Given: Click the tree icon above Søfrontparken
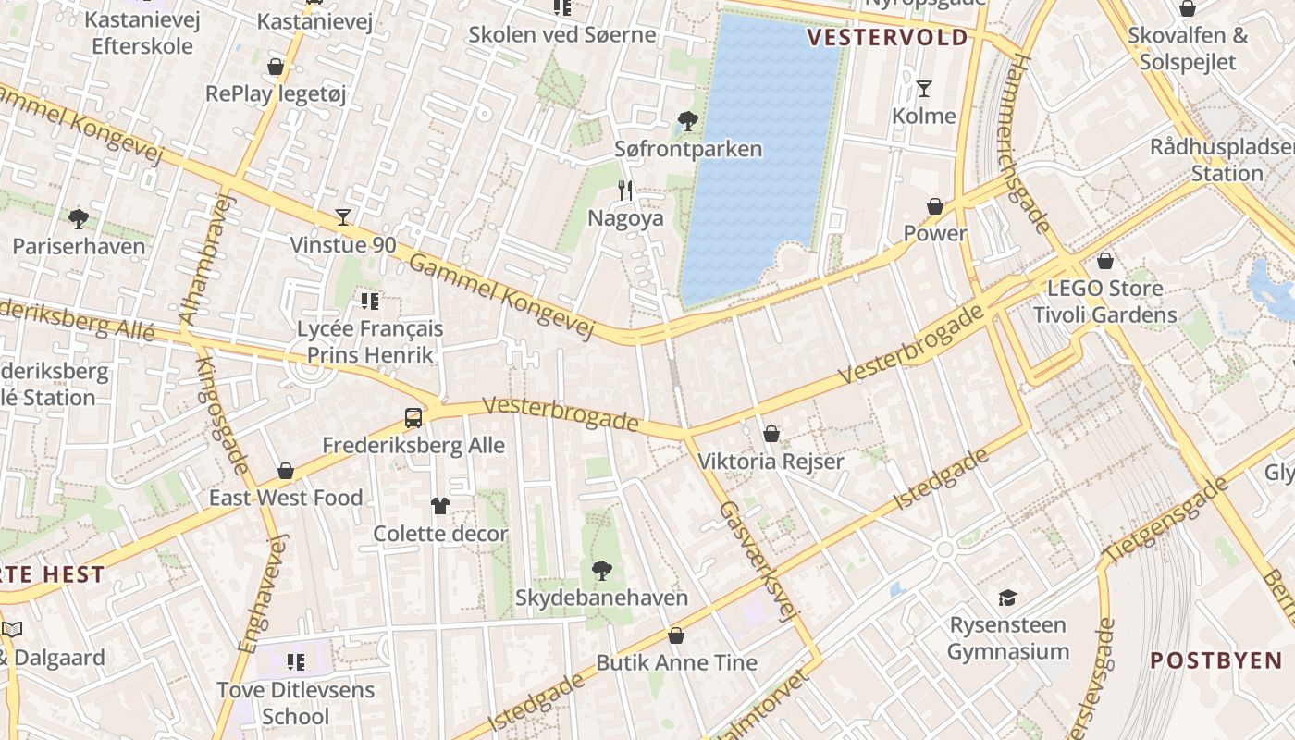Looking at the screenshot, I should [687, 120].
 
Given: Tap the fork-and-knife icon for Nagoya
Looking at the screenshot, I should [626, 191].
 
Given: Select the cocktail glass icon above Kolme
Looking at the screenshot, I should [923, 89].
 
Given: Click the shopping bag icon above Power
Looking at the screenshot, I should [935, 206].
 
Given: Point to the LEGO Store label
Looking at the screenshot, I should [1104, 289].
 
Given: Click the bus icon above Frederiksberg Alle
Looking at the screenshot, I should [413, 417].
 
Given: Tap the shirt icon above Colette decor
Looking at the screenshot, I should [440, 505].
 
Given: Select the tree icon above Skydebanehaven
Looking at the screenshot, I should [601, 570].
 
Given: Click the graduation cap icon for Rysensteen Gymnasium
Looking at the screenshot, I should [1007, 598].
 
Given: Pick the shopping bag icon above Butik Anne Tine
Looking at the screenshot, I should [676, 635].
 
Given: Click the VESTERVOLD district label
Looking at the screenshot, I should [887, 38].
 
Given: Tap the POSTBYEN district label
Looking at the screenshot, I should [1215, 660].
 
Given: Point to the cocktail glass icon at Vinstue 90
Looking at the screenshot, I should [343, 217].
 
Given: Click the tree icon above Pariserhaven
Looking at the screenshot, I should [79, 219].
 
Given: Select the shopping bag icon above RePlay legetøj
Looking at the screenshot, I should [276, 67].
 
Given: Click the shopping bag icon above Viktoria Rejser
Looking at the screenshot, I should [771, 434].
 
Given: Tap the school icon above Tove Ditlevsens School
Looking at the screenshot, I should [295, 661].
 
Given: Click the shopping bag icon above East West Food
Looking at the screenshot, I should [285, 471].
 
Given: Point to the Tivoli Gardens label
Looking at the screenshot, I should [1104, 314].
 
